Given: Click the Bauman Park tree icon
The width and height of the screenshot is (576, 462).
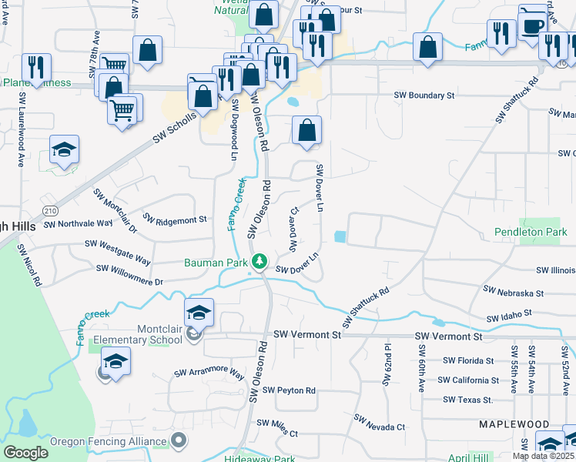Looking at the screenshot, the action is (260, 263).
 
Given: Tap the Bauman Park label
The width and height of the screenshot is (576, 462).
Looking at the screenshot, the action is (215, 262).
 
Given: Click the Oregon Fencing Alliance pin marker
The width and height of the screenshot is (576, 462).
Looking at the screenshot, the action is (179, 441).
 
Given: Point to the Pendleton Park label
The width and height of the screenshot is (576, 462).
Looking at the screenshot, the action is (530, 231).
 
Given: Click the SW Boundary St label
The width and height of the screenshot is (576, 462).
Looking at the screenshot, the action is (424, 95).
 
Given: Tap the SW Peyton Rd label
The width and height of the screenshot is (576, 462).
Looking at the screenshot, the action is (290, 390).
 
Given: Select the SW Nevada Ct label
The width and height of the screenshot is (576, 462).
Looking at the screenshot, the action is (379, 422).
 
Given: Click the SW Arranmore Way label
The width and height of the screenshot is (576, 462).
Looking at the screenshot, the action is (209, 374).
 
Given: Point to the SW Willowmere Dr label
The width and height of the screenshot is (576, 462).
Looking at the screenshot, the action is (129, 276).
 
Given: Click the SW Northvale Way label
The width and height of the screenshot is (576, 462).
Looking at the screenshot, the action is (78, 224).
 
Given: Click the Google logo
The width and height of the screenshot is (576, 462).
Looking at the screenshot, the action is (26, 452).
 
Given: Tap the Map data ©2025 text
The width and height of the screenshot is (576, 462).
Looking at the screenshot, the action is (544, 456).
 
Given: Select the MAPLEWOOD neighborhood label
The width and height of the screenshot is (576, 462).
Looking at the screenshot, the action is (514, 424).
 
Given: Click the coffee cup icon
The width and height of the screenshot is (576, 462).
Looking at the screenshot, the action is (532, 25).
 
